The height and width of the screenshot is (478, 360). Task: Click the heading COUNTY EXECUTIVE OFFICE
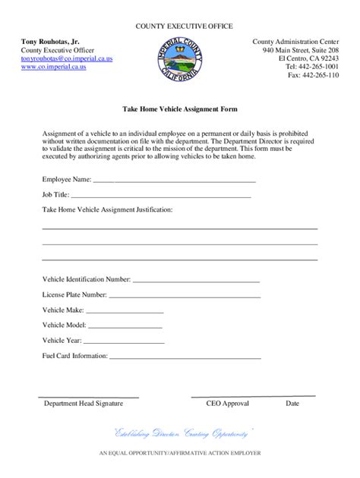point(179,27)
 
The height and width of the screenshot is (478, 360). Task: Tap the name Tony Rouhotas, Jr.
point(49,40)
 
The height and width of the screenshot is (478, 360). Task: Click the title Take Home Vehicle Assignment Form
point(179,109)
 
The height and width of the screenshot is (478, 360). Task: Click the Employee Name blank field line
point(174,181)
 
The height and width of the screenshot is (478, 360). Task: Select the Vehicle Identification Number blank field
point(197,280)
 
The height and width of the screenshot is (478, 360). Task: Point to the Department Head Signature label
point(83,404)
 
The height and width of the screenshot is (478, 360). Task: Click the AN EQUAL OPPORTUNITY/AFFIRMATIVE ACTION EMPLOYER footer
point(179,453)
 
